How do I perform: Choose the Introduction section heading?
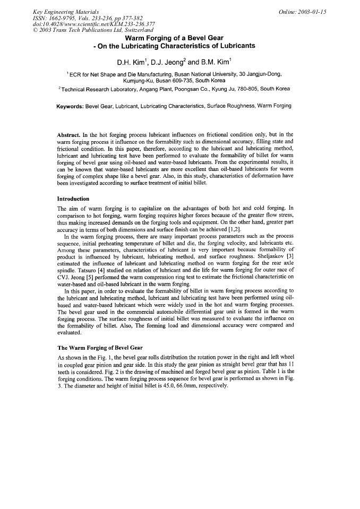coord(73,198)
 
